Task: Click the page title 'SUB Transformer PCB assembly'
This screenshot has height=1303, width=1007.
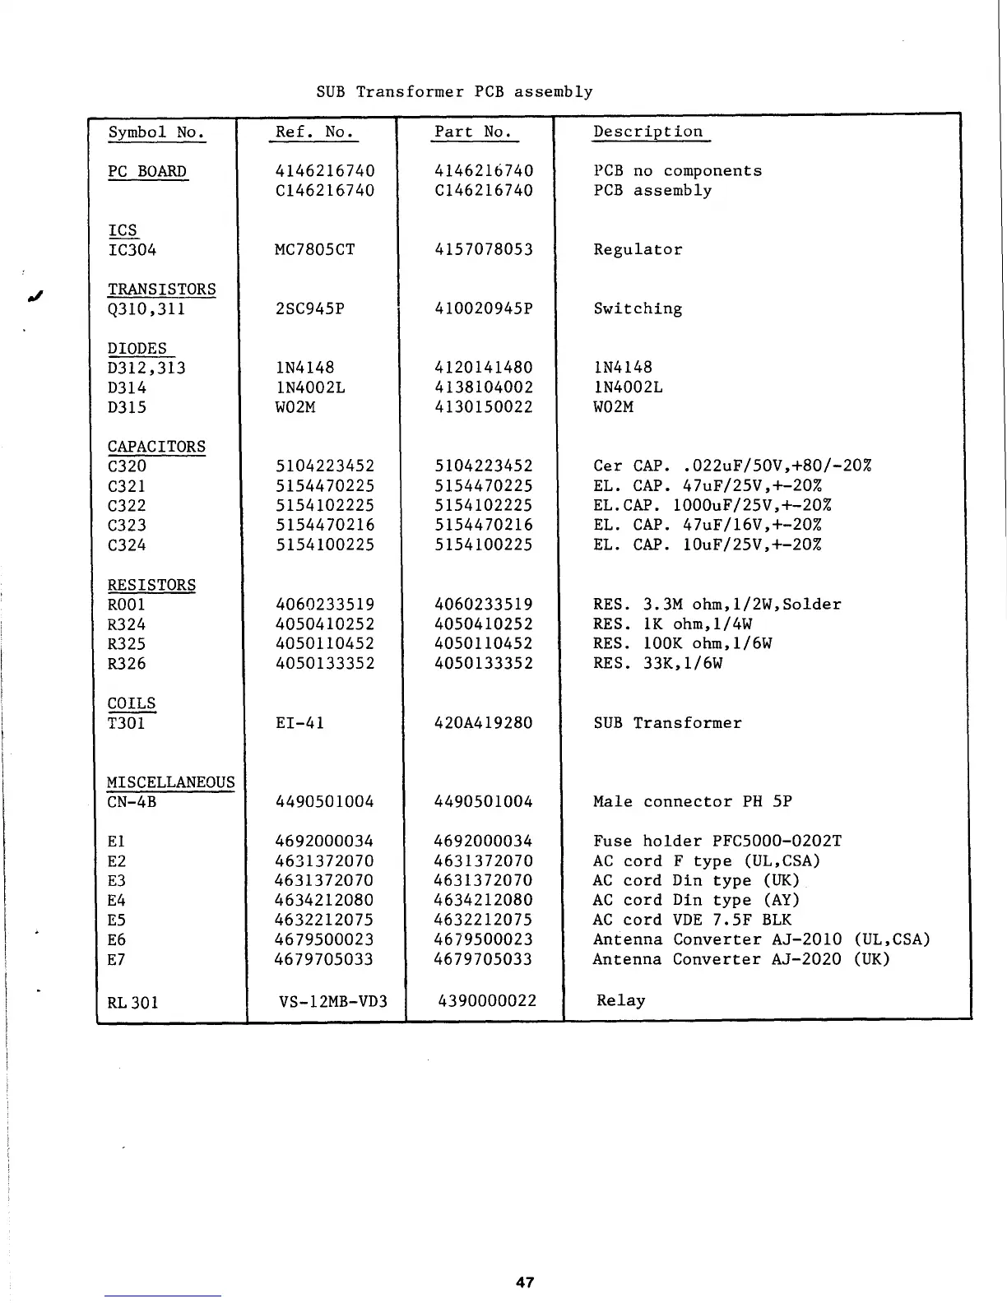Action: click(454, 92)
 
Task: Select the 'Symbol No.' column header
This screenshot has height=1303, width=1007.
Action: click(156, 132)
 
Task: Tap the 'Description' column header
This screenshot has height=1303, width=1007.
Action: click(648, 132)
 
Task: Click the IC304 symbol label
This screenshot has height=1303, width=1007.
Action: click(132, 250)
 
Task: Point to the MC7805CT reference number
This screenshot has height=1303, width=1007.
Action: click(314, 250)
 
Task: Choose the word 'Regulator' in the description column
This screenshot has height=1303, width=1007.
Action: click(638, 250)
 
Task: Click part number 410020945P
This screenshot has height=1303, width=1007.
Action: click(484, 309)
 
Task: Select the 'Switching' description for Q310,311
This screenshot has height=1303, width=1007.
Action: click(638, 309)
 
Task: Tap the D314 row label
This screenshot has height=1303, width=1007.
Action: click(126, 387)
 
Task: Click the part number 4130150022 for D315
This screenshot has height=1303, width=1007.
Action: click(484, 407)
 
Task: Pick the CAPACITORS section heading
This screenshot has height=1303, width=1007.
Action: click(156, 447)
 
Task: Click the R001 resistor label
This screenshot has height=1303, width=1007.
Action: click(126, 605)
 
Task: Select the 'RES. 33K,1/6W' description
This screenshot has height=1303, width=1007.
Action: click(657, 664)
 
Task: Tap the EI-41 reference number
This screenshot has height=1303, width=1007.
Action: click(299, 724)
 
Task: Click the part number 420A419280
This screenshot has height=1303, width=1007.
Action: click(484, 724)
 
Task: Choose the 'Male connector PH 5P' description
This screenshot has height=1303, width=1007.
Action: click(693, 802)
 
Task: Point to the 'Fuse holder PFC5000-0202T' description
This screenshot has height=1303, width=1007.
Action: click(717, 842)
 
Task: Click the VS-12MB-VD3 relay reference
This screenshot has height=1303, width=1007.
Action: click(333, 1002)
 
